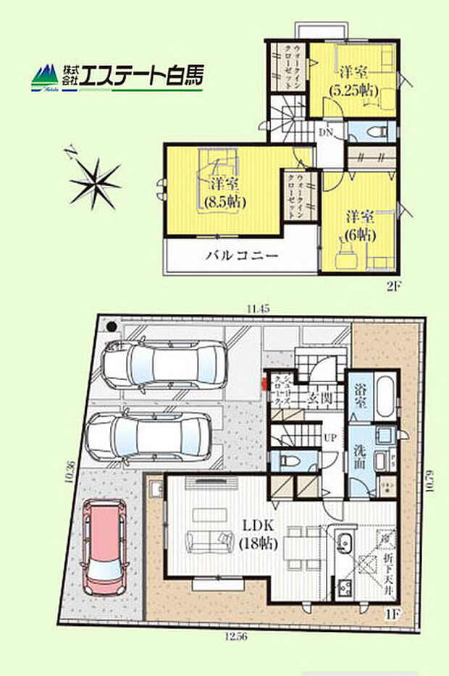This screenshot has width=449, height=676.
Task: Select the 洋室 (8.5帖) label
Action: (224, 193)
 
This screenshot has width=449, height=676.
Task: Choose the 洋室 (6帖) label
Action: (359, 225)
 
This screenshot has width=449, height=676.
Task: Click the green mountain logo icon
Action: (45, 75)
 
